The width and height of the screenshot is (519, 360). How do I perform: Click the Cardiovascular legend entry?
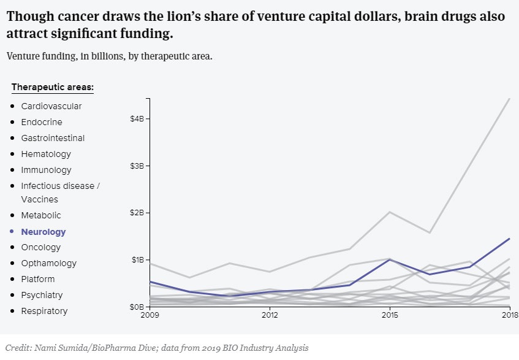point(51,106)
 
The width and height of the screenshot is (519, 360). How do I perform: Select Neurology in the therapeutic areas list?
point(43,232)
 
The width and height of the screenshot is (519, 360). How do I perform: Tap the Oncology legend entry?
point(40,247)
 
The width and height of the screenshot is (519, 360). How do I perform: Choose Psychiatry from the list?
point(42,295)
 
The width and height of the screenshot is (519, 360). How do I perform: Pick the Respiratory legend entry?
point(44,311)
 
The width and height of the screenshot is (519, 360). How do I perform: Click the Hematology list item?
point(46,154)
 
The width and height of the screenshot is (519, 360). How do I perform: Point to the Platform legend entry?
point(38,279)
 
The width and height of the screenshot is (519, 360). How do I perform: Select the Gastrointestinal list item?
point(53,138)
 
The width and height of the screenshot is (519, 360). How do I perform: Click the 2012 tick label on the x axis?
point(270,315)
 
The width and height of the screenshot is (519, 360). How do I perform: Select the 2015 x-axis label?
point(390,315)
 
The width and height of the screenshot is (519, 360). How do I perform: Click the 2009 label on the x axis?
point(150,315)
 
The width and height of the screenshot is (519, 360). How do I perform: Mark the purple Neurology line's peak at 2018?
point(510,239)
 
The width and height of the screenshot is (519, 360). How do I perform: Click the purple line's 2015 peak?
point(390,259)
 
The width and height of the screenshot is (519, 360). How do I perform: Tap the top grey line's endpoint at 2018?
point(510,99)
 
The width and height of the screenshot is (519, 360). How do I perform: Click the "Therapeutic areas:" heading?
point(52,87)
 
